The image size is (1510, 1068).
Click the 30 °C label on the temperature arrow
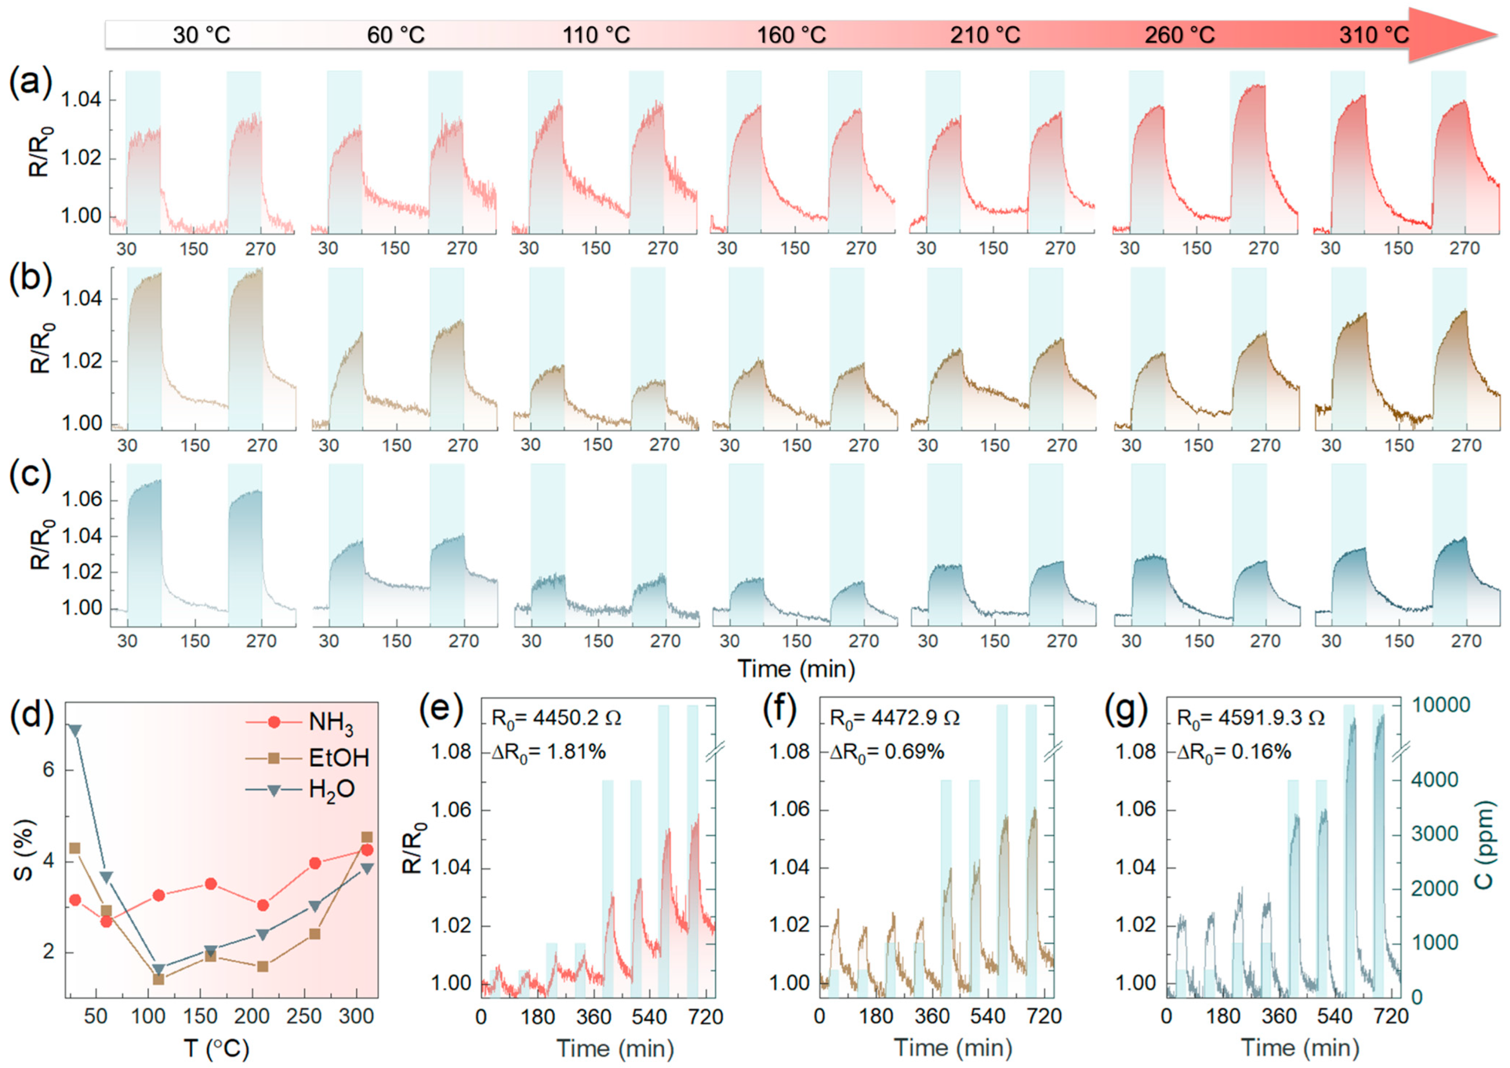(x=201, y=35)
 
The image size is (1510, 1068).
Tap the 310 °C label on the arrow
(x=1374, y=35)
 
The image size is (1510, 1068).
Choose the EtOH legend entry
(x=338, y=758)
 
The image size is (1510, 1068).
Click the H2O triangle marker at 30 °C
(x=75, y=730)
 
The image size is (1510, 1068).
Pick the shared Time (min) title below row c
(x=796, y=669)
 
